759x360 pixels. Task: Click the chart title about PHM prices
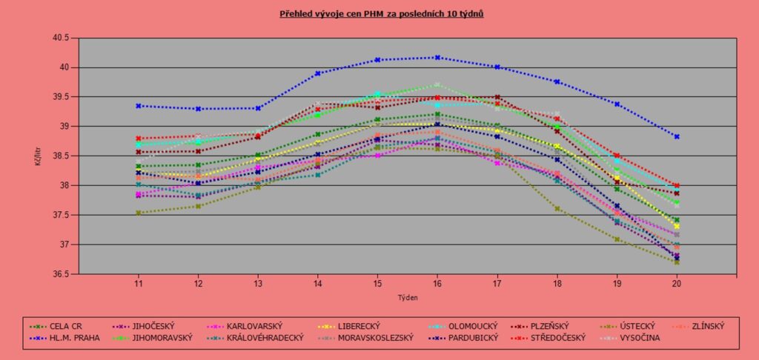tap(381, 13)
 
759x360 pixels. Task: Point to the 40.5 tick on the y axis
tap(59, 38)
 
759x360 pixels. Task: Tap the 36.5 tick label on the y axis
tap(59, 274)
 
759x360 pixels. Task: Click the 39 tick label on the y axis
tap(64, 126)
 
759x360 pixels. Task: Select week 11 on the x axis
tap(138, 284)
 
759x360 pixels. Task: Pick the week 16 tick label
tap(437, 284)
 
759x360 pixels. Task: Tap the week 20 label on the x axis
tap(677, 284)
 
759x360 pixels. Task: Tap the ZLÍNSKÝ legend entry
tap(703, 325)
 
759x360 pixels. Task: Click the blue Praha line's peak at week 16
tap(437, 57)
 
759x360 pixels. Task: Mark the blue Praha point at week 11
tap(138, 106)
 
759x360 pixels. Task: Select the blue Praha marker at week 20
tap(677, 136)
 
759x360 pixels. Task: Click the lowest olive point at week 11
tap(138, 213)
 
